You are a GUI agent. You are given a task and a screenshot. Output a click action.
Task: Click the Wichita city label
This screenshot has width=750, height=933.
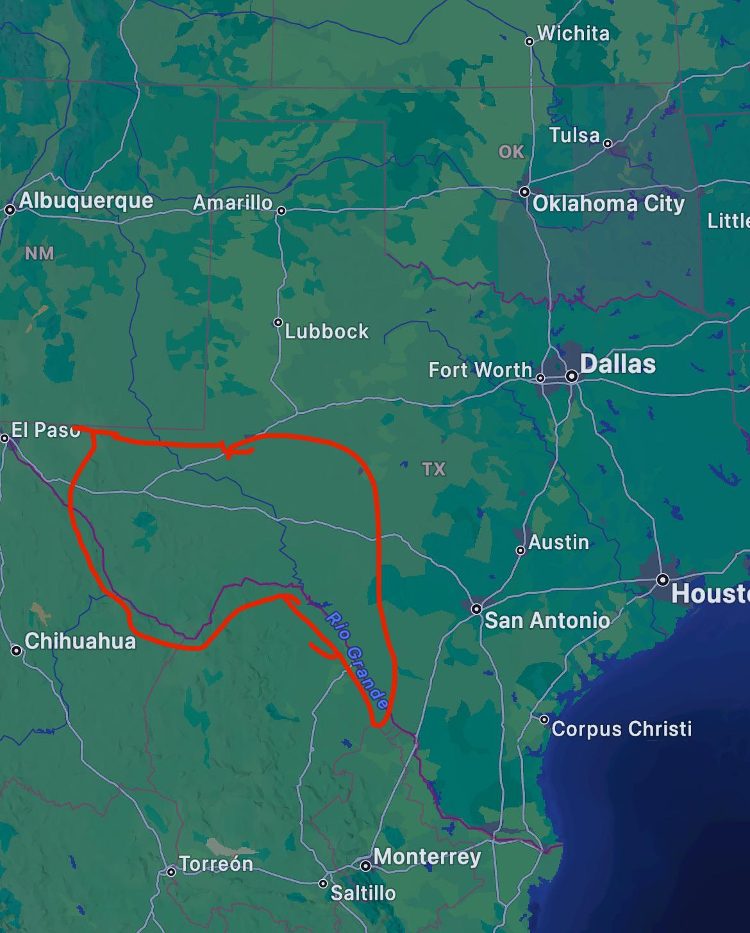click(573, 33)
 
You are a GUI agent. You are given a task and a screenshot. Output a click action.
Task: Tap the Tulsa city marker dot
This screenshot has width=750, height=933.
click(608, 144)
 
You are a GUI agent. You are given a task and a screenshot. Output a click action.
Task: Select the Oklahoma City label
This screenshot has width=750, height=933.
click(608, 204)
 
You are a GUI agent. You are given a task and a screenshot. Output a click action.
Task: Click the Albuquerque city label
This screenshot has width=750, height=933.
click(86, 201)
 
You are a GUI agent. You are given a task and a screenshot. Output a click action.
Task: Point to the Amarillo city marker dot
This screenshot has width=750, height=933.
click(281, 210)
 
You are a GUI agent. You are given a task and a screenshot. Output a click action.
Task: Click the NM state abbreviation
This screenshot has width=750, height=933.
click(39, 253)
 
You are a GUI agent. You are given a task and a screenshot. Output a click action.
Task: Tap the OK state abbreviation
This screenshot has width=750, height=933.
click(511, 152)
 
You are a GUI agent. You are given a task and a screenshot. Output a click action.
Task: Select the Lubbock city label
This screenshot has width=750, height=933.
click(327, 331)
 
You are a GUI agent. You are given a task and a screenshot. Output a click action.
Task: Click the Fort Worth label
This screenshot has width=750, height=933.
click(480, 370)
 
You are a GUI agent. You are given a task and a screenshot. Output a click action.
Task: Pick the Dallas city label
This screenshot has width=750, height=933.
click(617, 364)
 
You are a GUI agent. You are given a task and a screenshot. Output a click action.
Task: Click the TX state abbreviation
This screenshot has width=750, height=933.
click(434, 469)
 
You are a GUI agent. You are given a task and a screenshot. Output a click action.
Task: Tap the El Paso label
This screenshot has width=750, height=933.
click(46, 429)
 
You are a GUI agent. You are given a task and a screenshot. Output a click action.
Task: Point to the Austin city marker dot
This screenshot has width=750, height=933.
click(521, 550)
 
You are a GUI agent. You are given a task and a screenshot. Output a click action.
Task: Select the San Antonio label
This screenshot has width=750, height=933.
click(547, 620)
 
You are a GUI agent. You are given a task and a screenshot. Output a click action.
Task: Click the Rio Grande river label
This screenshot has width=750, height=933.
click(357, 660)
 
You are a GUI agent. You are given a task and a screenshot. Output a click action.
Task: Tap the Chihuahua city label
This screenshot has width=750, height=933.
click(80, 641)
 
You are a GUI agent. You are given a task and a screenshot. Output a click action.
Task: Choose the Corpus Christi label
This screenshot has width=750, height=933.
click(621, 729)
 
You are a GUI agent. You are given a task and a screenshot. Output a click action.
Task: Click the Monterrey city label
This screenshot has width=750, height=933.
click(427, 857)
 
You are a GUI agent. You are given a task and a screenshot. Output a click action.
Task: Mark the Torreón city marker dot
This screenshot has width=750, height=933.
click(171, 871)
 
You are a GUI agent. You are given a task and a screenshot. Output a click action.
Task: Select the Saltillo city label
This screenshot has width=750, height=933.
click(363, 893)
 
